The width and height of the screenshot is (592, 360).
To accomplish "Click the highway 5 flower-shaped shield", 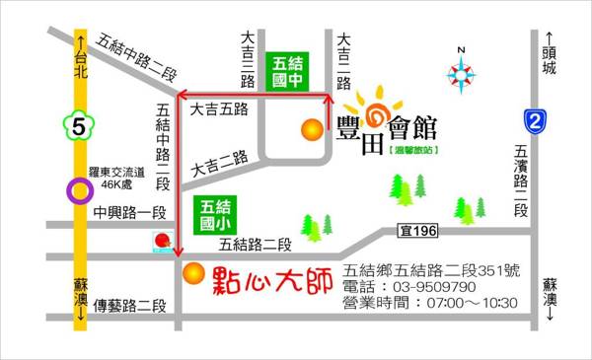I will [x=78, y=126].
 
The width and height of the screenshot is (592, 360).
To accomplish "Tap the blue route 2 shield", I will [x=535, y=120].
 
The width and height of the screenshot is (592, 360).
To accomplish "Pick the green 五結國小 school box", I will [x=215, y=215].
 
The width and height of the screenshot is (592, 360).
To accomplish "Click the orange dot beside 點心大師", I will [x=195, y=272].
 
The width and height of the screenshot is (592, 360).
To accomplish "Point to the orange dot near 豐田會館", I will [x=312, y=127].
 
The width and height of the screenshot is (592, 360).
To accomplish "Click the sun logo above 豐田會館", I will [x=372, y=108].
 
